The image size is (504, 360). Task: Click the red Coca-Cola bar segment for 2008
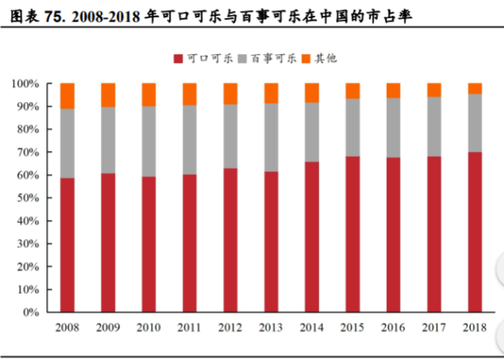click(67, 244)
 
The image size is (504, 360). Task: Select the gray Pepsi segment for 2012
click(230, 136)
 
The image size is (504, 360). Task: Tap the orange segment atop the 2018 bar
click(475, 88)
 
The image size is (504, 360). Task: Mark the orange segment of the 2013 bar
click(271, 93)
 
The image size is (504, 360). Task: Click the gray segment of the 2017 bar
click(434, 127)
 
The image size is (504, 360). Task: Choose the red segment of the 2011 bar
click(189, 243)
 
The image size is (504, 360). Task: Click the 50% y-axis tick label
click(28, 198)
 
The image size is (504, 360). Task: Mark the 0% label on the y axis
click(31, 312)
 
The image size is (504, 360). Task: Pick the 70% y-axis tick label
click(28, 152)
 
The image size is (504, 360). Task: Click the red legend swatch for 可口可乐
click(177, 57)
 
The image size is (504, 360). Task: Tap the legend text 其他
click(326, 57)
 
